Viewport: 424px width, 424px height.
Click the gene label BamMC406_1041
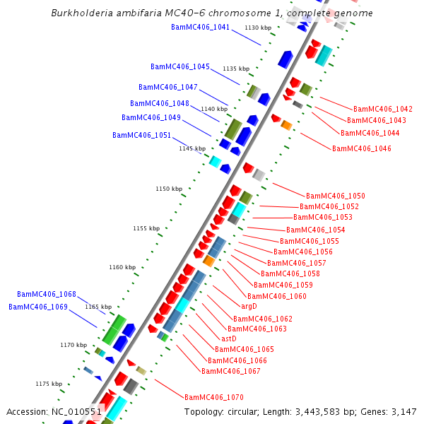tap(200, 27)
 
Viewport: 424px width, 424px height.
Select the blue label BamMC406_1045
tap(180, 66)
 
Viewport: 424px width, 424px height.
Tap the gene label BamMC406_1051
tap(141, 135)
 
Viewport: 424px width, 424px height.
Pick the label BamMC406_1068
tap(47, 294)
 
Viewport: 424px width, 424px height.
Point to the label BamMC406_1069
tap(38, 307)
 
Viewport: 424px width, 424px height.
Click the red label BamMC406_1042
tap(383, 110)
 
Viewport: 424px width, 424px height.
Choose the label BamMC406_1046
tap(362, 148)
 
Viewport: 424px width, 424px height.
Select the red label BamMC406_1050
tap(336, 196)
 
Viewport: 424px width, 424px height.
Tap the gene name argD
tap(249, 307)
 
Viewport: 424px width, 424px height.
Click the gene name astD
tap(229, 338)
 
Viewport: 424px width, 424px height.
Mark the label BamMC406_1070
tap(213, 397)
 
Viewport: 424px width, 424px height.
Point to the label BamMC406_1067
tap(231, 371)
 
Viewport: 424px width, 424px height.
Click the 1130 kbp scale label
tap(258, 28)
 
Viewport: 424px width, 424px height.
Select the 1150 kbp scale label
tap(169, 189)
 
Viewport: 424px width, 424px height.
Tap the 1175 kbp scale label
tap(49, 384)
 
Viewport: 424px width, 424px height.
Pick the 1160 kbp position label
tap(122, 267)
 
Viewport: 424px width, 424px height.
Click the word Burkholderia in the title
tap(83, 13)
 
